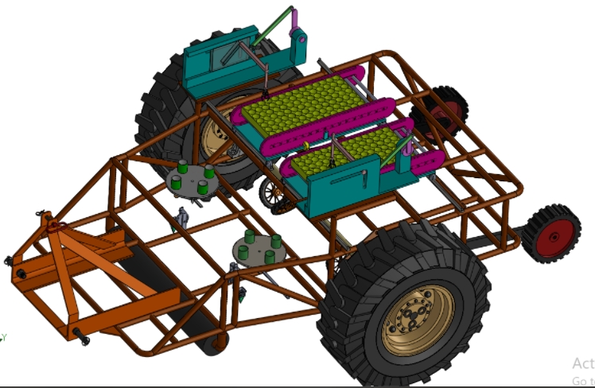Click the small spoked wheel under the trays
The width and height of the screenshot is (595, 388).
click(x=273, y=194)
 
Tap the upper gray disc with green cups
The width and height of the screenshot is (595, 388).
click(x=192, y=179)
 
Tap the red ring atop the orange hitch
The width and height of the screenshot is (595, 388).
click(x=56, y=226)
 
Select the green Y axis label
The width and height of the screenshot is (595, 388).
click(x=2, y=337)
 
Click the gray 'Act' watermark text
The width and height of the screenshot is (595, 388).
click(x=582, y=363)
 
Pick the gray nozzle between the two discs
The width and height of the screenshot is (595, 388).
click(x=183, y=217)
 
